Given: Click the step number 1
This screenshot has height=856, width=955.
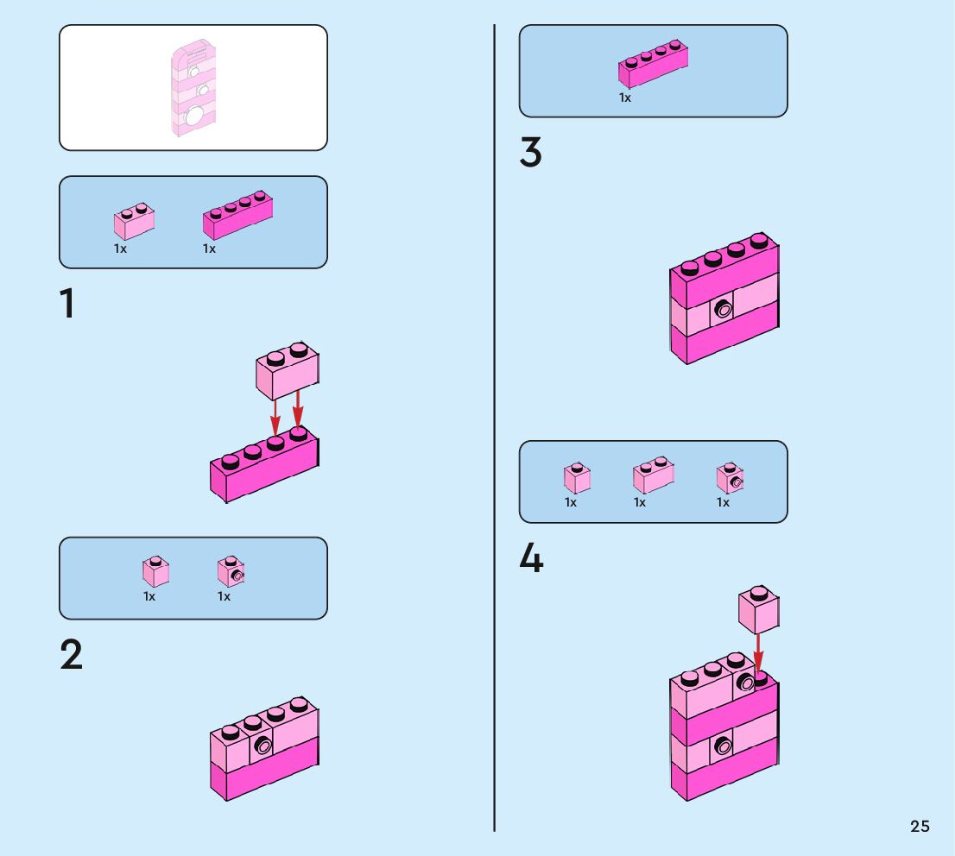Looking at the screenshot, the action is coord(67,303).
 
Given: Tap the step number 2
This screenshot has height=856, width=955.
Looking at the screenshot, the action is coord(71,654).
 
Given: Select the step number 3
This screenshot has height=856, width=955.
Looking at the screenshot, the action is coord(530,152).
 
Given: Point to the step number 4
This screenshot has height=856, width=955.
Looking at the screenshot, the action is coord(531,557).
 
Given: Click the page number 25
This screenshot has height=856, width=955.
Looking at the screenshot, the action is coord(920,826).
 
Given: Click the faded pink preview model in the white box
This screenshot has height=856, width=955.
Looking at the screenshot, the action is coord(193,88).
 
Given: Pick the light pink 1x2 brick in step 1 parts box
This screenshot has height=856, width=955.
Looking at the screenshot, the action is coord(134,221).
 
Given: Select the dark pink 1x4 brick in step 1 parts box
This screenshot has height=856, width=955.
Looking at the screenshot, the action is coord(237,215).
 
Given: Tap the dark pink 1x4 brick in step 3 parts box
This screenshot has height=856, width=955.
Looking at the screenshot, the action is coord(653,64).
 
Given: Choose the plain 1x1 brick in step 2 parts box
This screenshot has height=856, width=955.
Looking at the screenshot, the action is coord(156,571).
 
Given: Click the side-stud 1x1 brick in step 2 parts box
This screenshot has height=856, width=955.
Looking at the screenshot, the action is coord(231,571).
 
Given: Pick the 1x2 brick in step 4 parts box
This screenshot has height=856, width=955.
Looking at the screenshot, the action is coord(653,475).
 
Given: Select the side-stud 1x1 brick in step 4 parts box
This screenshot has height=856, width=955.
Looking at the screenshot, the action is coord(730,478).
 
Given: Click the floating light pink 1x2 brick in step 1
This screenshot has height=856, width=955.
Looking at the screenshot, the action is coord(288,370).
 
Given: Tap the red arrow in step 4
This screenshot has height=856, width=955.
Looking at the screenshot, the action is coord(758,653).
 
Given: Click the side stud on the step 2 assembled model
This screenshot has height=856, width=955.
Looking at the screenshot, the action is coord(263,745).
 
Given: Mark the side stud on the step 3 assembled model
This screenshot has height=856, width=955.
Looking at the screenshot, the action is coord(724,309).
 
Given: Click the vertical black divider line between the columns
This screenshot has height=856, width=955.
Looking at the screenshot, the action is coord(494,428).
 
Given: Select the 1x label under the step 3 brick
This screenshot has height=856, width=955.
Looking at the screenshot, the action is coord(625,98).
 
